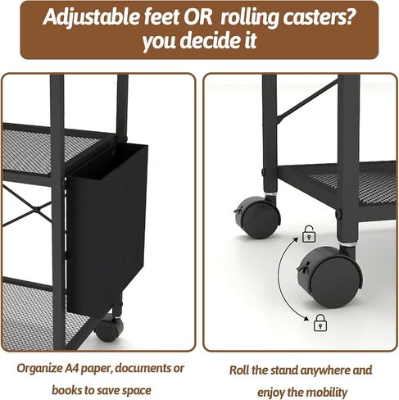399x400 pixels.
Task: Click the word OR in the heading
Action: tap(198, 17)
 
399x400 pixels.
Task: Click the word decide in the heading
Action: tap(210, 40)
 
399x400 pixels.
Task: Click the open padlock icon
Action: tap(309, 234)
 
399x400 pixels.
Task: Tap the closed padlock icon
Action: tap(320, 322)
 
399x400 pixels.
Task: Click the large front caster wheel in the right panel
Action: tap(330, 277)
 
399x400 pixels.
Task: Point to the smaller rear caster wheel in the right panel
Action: tap(257, 217)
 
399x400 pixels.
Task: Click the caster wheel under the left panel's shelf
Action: tap(109, 328)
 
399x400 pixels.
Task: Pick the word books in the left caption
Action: tap(65, 390)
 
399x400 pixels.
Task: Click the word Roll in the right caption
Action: tap(239, 370)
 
